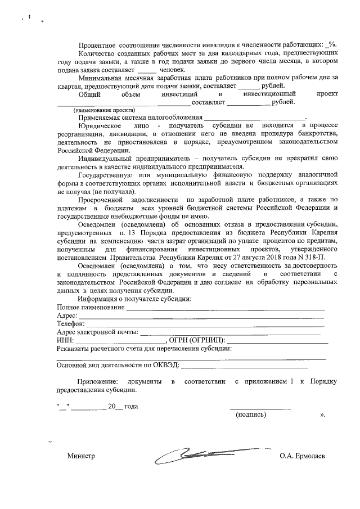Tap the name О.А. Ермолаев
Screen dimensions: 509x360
[x=306, y=456]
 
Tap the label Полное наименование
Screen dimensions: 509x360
[x=90, y=307]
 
